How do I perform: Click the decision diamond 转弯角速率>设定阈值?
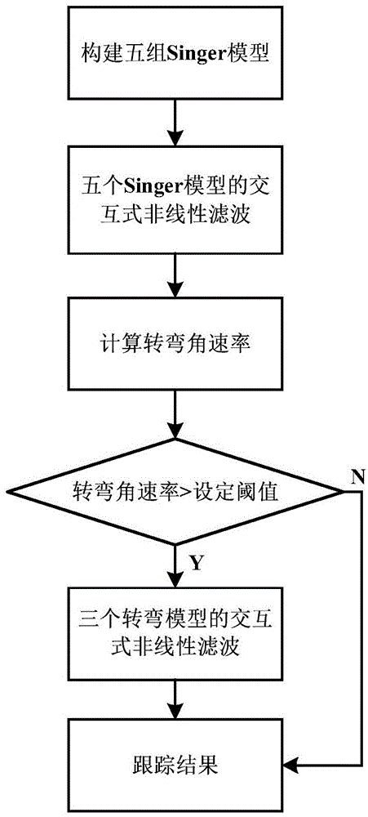click(x=175, y=493)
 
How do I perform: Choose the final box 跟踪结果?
click(x=175, y=766)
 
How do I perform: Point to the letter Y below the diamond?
click(x=197, y=563)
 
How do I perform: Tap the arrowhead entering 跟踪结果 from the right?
click(x=292, y=766)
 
